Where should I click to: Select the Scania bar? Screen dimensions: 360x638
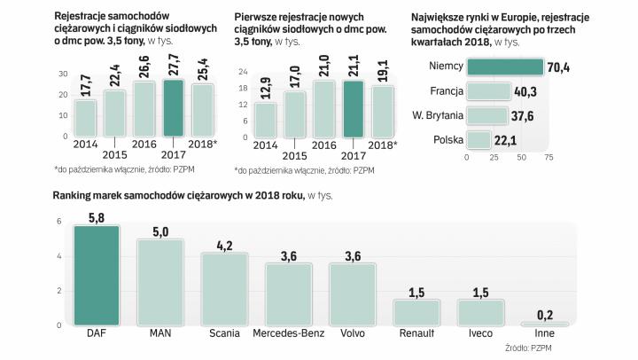coord(224,290)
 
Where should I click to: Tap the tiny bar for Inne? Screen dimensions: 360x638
coord(543,324)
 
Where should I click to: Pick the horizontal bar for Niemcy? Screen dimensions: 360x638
coord(504,67)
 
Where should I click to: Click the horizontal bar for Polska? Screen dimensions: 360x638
coord(478,139)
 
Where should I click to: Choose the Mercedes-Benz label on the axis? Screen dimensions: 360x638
coord(287,334)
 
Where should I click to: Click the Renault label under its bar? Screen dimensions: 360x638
coord(416,334)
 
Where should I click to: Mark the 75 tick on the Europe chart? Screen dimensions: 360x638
coord(549,158)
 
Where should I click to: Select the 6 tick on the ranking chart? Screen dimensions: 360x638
coord(58,222)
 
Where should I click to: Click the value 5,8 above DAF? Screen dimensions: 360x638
coord(97,215)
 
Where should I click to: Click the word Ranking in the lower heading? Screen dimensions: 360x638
coord(74,195)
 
